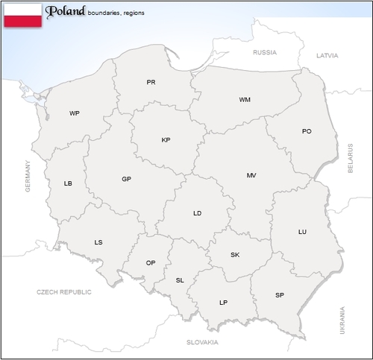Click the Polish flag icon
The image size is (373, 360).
pos(22,15)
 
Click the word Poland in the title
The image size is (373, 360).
pos(66,11)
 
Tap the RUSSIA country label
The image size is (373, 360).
pos(265,53)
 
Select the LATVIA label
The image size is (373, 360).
pos(327,56)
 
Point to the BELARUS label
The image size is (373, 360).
pos(350,159)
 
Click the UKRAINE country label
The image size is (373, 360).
pos(343,319)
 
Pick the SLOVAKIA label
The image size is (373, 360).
pos(202,342)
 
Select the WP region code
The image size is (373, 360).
pos(74,114)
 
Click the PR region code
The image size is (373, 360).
pos(151,83)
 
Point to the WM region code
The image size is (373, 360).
pos(245,100)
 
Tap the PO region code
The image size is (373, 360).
pos(307,132)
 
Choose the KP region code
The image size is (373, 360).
pos(166,140)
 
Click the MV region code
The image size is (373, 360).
pos(251,176)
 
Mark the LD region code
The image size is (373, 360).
pos(197,214)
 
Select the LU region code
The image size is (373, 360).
pos(302,233)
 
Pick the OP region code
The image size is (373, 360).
pos(151,263)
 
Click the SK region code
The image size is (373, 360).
pos(235,255)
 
